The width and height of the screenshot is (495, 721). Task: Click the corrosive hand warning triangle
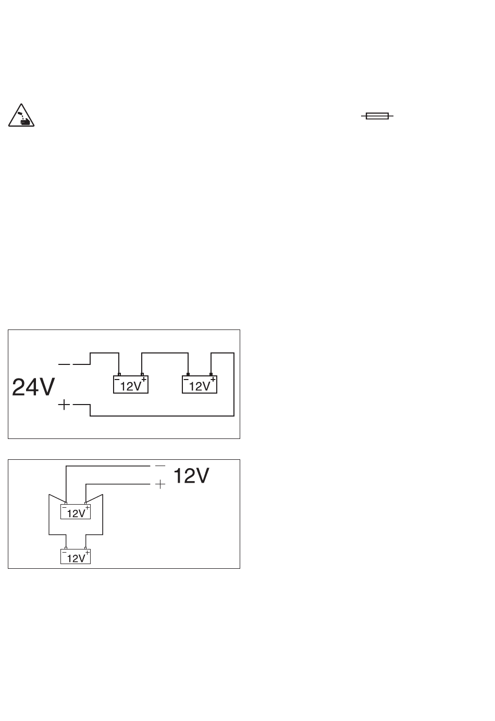click(21, 115)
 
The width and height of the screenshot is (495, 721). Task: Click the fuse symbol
click(377, 116)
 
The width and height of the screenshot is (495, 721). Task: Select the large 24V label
click(33, 387)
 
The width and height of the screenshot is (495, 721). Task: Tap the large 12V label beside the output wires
click(191, 475)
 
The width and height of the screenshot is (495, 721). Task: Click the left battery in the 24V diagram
click(131, 384)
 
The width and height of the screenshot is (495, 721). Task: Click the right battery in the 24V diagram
click(200, 384)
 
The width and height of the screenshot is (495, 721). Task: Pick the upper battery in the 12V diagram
click(76, 511)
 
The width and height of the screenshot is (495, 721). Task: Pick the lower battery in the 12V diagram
click(76, 557)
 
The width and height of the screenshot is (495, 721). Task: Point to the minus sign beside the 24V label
click(64, 364)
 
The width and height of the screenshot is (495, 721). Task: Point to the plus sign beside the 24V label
click(64, 405)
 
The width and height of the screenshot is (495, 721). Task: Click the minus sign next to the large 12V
click(160, 466)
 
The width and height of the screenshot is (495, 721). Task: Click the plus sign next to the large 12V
click(160, 484)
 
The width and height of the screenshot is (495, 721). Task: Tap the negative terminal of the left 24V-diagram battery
click(119, 374)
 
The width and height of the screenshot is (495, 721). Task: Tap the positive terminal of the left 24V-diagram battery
click(142, 374)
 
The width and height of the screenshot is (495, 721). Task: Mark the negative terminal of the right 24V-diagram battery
click(188, 374)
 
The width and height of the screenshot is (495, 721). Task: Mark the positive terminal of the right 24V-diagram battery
click(211, 374)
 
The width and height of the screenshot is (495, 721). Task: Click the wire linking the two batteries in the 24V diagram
click(165, 353)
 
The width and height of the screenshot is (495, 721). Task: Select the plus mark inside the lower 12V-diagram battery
click(87, 553)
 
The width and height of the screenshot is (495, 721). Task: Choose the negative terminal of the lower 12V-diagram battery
click(66, 548)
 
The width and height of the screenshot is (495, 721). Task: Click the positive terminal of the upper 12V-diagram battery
click(85, 503)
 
